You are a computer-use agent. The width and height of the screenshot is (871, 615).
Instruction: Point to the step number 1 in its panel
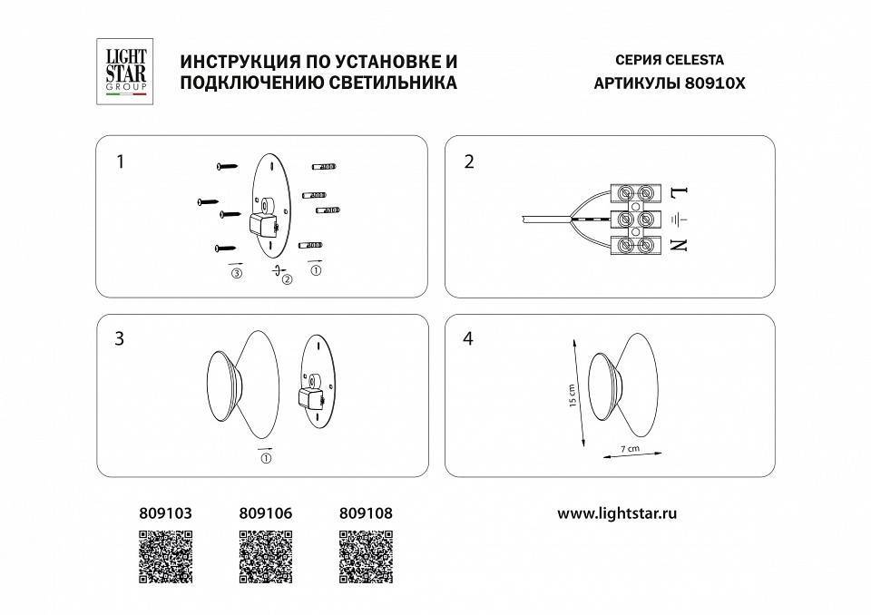click(119, 162)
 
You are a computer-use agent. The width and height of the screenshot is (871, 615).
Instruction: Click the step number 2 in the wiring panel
click(468, 162)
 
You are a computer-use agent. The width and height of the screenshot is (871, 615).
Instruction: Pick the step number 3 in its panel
click(119, 339)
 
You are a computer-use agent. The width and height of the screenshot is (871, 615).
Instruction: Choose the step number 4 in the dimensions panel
click(468, 339)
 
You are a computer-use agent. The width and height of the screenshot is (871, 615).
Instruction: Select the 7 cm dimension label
click(631, 449)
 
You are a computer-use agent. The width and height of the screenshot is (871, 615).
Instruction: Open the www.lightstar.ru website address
click(618, 513)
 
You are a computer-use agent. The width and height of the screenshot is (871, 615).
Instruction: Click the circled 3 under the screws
click(238, 273)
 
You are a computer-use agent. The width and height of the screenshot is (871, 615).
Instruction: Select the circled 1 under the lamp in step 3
click(265, 459)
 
